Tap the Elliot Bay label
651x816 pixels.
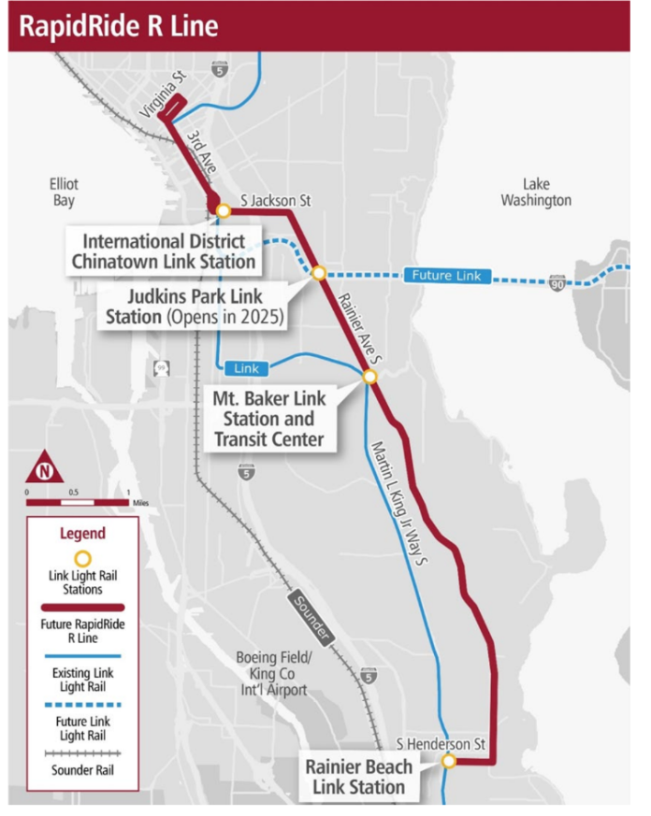pos(64,193)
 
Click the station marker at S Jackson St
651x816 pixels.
pos(223,210)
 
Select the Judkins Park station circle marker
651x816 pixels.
pos(318,273)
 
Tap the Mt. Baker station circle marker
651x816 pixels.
pos(369,377)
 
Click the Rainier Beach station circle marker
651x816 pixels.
pos(449,762)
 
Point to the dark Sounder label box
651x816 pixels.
pos(310,619)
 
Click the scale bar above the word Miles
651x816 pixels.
pos(78,502)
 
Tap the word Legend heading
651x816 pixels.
pos(82,534)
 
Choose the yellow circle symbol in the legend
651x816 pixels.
pos(82,558)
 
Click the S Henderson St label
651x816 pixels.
pos(441,744)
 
